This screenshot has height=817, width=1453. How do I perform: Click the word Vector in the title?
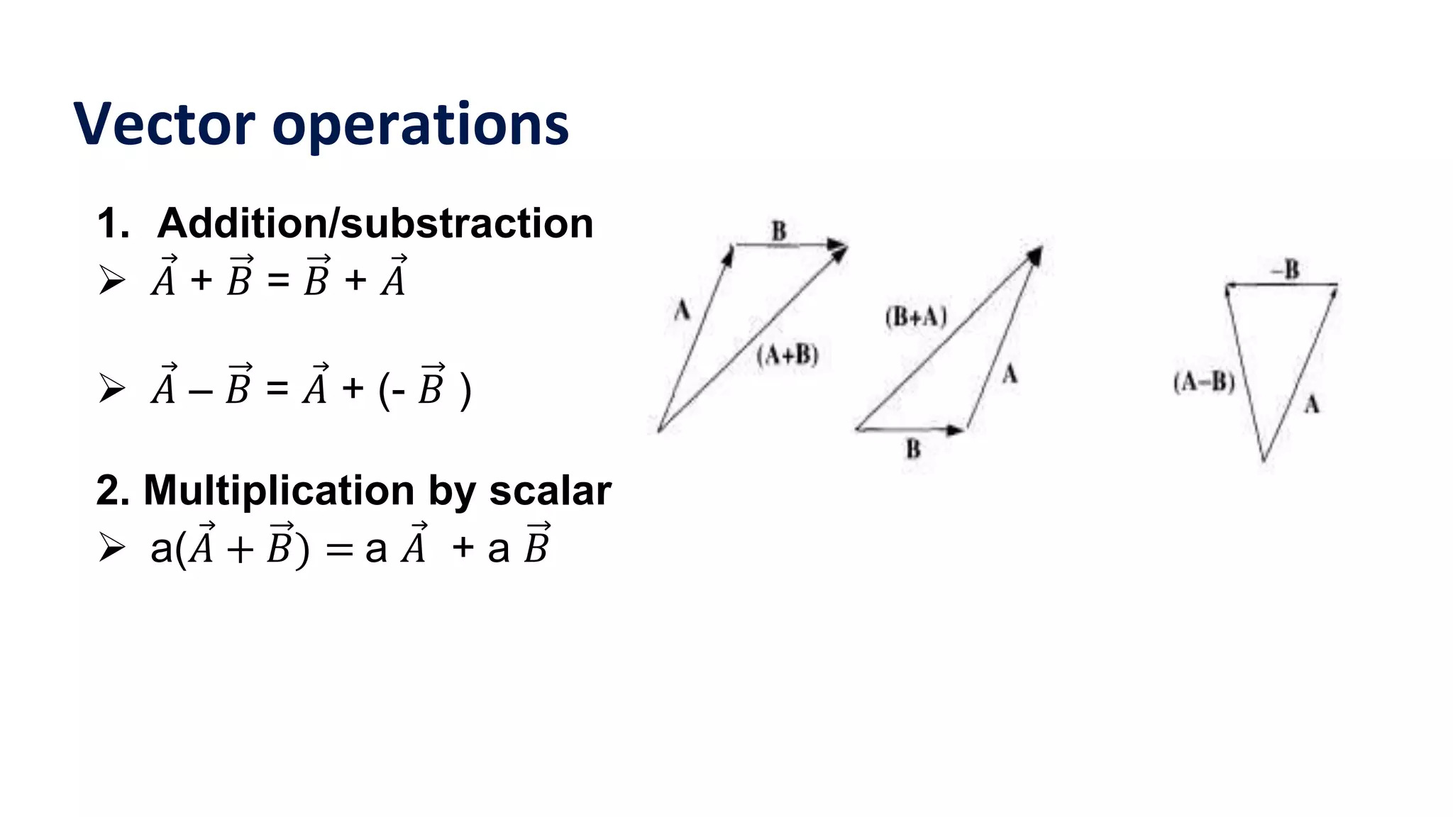pyautogui.click(x=164, y=125)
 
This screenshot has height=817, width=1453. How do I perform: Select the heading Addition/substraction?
pyautogui.click(x=375, y=223)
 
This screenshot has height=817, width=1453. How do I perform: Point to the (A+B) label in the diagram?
pyautogui.click(x=788, y=355)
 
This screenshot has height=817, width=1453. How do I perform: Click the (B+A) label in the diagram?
pyautogui.click(x=916, y=316)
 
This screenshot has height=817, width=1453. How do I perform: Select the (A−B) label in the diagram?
pyautogui.click(x=1204, y=382)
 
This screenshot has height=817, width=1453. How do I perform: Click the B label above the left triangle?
pyautogui.click(x=779, y=231)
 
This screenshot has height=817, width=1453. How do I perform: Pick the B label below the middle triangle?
pyautogui.click(x=913, y=449)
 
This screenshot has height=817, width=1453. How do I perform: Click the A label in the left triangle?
pyautogui.click(x=682, y=310)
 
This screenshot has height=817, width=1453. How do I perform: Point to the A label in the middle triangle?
pyautogui.click(x=1010, y=374)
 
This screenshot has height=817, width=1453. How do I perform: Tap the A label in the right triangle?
pyautogui.click(x=1312, y=405)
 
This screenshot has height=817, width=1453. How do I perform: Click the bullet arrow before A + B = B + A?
pyautogui.click(x=112, y=280)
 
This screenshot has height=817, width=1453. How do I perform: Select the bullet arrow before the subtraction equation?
pyautogui.click(x=112, y=389)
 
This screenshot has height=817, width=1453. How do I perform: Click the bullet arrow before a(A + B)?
pyautogui.click(x=112, y=548)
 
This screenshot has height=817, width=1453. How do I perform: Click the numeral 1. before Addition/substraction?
pyautogui.click(x=114, y=223)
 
